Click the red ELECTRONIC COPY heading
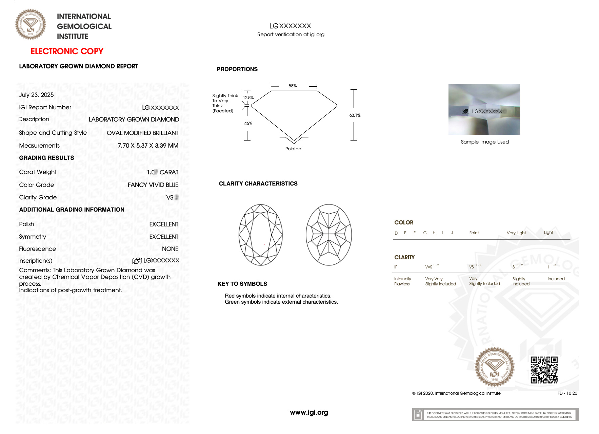tap(67, 51)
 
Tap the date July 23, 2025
tap(36, 95)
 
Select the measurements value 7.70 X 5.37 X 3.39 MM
tap(148, 146)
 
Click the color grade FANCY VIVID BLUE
tap(153, 185)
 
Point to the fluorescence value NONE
tap(170, 249)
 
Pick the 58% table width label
tap(293, 86)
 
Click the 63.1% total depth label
tap(355, 115)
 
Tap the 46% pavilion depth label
tap(248, 124)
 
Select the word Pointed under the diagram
tap(293, 149)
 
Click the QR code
tap(544, 370)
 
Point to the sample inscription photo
tap(484, 109)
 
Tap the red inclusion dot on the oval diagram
tap(264, 244)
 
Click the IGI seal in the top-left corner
tap(31, 24)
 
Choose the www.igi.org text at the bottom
tap(309, 412)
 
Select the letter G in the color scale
tap(425, 233)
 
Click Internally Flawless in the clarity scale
tap(402, 281)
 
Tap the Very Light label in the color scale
tap(516, 233)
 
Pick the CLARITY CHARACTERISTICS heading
tap(258, 183)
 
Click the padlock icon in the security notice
tap(418, 415)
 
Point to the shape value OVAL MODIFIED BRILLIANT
tap(142, 133)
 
